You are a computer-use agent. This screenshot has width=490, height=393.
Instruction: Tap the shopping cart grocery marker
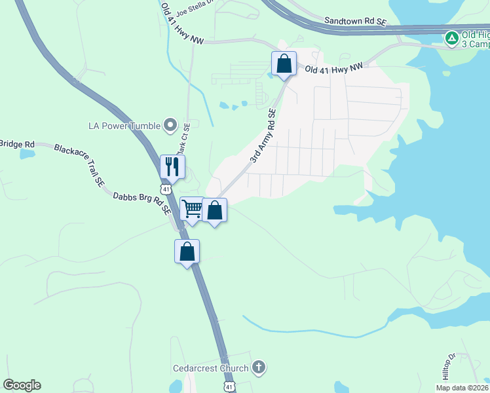(x=192, y=210)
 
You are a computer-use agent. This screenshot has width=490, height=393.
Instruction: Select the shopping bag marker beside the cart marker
(x=214, y=210)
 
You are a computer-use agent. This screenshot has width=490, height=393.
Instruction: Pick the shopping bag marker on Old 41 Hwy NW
(x=284, y=64)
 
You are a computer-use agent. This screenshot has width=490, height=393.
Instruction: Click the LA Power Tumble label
(x=124, y=124)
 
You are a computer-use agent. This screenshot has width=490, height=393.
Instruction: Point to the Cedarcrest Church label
(x=210, y=368)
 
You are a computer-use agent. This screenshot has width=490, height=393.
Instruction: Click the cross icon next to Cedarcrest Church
(x=259, y=367)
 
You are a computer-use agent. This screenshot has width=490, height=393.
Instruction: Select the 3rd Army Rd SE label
(x=263, y=136)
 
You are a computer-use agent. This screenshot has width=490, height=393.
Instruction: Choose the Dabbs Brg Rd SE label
(x=141, y=204)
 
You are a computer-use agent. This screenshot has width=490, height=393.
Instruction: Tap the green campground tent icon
(x=451, y=38)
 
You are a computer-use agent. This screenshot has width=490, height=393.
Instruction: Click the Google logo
(x=22, y=385)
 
